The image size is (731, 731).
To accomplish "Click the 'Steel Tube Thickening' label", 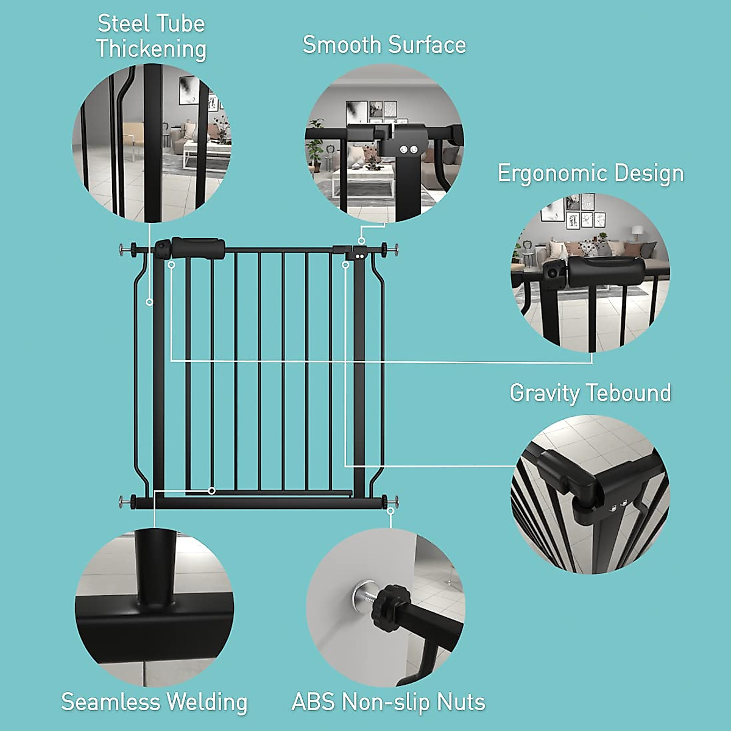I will pyautogui.click(x=151, y=37).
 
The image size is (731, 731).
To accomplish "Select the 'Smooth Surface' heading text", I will pyautogui.click(x=384, y=45).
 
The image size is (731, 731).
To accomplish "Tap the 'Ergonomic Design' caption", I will pyautogui.click(x=590, y=174).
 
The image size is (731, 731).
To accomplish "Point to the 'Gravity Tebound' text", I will pyautogui.click(x=590, y=393).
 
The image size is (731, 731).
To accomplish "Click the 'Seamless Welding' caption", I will pyautogui.click(x=154, y=702).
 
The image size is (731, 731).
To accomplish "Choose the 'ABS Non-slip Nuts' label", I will pyautogui.click(x=389, y=702).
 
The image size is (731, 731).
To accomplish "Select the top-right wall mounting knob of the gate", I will pyautogui.click(x=389, y=249).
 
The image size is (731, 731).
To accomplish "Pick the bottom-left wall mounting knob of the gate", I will pyautogui.click(x=127, y=501).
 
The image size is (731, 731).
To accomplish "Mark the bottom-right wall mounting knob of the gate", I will pyautogui.click(x=390, y=501).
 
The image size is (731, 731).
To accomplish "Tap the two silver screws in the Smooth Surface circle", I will pyautogui.click(x=408, y=149).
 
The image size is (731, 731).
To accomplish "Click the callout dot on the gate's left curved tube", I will pyautogui.click(x=149, y=302).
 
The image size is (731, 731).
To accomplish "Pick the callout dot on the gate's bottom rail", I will pyautogui.click(x=211, y=490).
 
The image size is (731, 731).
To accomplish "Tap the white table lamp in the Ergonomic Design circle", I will pyautogui.click(x=637, y=233).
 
